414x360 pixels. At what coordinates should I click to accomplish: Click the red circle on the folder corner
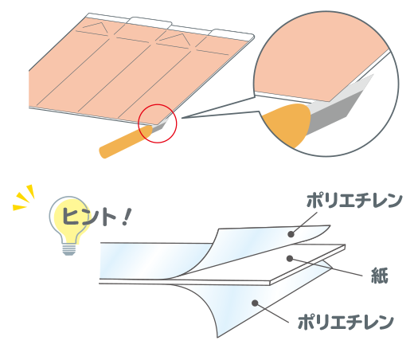(x=158, y=104)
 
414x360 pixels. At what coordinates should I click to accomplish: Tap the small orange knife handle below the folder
(x=125, y=142)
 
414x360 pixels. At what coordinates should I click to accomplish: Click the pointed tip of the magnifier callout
(x=182, y=117)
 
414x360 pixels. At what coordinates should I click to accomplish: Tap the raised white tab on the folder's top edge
(x=150, y=22)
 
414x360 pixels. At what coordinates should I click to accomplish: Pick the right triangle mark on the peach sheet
(x=175, y=40)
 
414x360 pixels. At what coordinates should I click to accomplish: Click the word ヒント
(x=89, y=217)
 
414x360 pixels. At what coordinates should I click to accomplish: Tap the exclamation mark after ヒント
(x=127, y=217)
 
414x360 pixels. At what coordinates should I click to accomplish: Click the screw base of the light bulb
(x=69, y=249)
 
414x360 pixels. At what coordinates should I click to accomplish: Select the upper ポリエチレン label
(x=354, y=201)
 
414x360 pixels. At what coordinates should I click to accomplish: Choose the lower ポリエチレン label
(x=346, y=323)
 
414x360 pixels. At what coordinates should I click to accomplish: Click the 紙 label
(x=379, y=276)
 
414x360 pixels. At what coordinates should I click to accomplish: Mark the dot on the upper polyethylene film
(x=291, y=234)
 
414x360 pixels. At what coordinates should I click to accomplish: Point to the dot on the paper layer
(x=290, y=258)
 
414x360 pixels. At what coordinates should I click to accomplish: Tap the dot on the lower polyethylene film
(x=255, y=303)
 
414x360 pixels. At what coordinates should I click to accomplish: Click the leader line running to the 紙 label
(x=326, y=268)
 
